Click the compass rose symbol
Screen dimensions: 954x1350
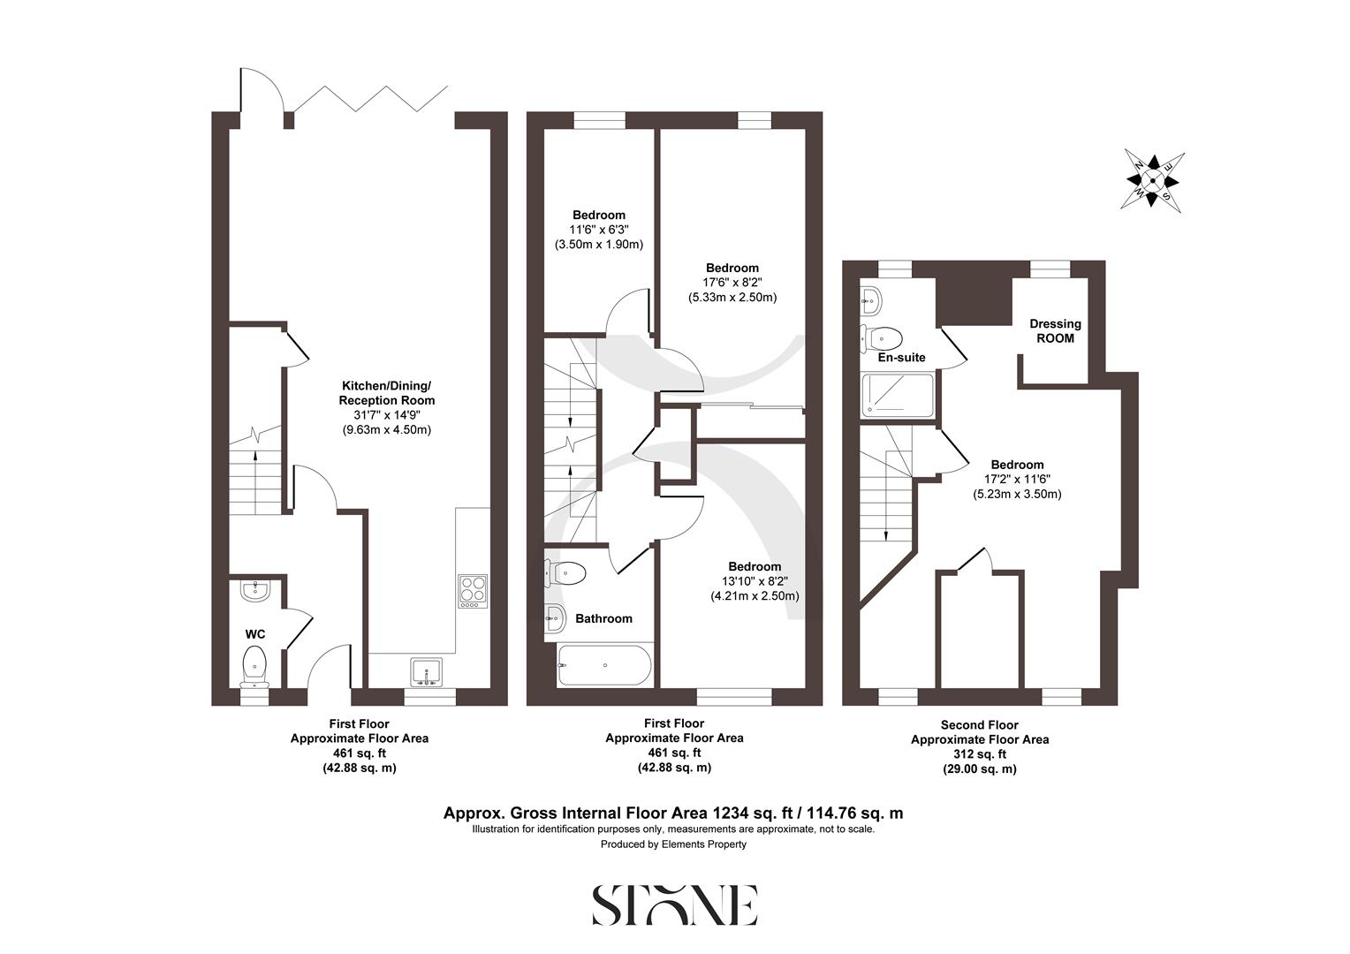click(x=1153, y=179)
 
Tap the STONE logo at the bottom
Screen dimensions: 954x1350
click(x=674, y=905)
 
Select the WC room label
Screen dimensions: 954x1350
click(x=255, y=634)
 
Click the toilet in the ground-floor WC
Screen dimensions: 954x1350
click(x=254, y=664)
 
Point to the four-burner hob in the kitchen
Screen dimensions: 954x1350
click(x=473, y=590)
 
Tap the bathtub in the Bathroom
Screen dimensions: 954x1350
click(x=605, y=665)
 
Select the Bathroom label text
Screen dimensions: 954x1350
click(x=603, y=618)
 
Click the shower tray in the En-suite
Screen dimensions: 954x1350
click(x=898, y=394)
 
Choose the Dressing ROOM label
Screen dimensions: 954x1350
click(x=1055, y=331)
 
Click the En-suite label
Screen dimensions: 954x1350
click(x=901, y=358)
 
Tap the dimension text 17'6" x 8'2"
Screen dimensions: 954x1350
click(x=732, y=283)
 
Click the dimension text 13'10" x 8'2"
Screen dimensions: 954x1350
click(x=755, y=581)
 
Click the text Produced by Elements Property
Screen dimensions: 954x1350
click(x=673, y=844)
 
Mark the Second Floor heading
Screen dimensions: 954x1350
click(x=979, y=724)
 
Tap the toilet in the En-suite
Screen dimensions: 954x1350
click(x=884, y=337)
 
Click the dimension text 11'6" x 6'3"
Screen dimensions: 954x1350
click(x=598, y=230)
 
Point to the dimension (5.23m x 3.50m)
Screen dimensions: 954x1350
click(x=1017, y=495)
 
